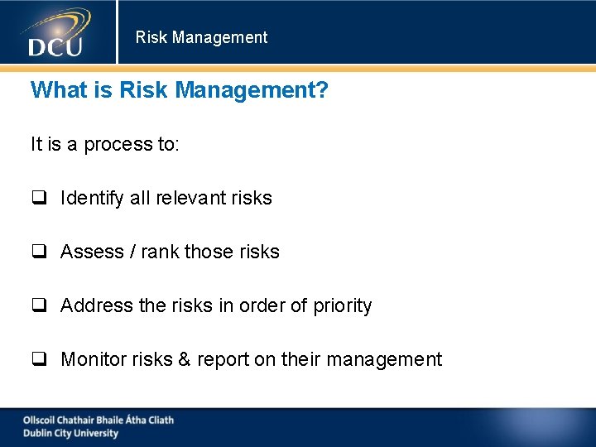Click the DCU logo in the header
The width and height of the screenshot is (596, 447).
coord(56,33)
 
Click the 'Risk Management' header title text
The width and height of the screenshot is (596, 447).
coord(201,37)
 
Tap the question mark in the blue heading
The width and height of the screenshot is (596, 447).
coord(322,89)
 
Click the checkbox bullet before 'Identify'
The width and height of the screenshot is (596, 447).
coord(38,198)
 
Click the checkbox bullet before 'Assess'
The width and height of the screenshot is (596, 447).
coord(38,252)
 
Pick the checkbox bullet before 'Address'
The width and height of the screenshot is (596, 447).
coord(38,305)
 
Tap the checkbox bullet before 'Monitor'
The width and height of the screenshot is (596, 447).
coord(38,359)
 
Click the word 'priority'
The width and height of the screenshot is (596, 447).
coord(343,306)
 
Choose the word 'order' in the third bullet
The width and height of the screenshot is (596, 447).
coord(262,305)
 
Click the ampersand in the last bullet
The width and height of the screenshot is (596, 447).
coord(183,359)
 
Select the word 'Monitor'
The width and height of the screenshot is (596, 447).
coord(92,359)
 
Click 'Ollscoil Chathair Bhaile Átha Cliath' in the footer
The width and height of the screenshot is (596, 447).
coord(98,420)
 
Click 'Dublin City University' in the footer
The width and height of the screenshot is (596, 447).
coord(70,433)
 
